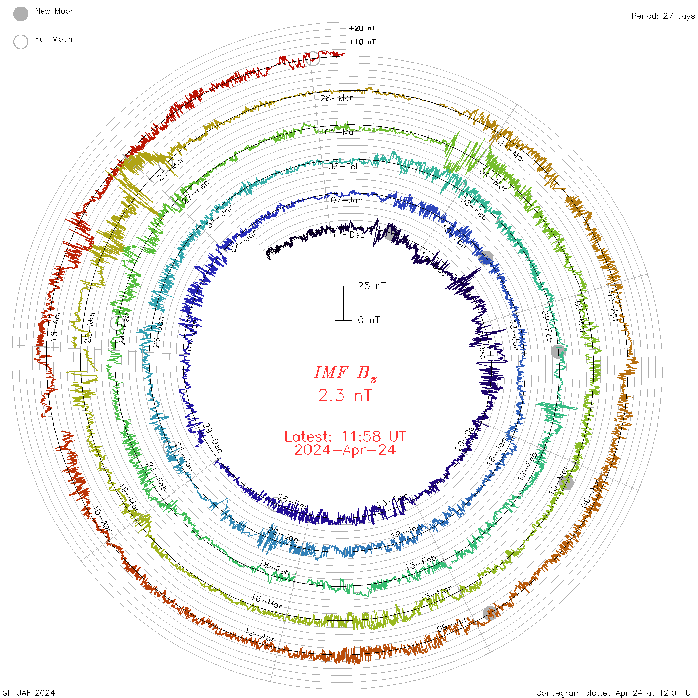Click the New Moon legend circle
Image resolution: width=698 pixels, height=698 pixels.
tap(21, 14)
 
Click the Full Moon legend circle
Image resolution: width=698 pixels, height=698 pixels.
tap(21, 42)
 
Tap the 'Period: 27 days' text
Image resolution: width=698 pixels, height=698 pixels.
tap(663, 16)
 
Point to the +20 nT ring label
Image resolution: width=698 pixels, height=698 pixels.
tap(362, 28)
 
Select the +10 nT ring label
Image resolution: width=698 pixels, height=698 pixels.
tap(362, 42)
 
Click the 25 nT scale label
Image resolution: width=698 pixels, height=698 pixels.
tap(372, 286)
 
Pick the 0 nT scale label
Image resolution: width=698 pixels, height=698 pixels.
tap(369, 320)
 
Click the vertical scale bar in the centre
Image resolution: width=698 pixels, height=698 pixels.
tap(343, 303)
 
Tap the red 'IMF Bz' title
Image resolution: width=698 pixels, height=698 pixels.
tap(345, 373)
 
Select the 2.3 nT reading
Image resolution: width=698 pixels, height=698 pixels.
tap(345, 395)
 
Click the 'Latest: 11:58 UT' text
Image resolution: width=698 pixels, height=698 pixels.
tap(345, 437)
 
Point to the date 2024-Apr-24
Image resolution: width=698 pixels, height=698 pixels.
tap(345, 450)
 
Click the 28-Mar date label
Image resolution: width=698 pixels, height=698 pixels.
tap(337, 98)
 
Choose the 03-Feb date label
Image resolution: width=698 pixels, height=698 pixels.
tap(344, 166)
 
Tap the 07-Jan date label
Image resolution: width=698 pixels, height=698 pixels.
tap(347, 200)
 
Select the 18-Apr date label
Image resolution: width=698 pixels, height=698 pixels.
tap(55, 326)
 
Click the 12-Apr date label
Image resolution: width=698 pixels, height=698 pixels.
tap(259, 635)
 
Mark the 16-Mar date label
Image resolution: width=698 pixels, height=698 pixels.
tap(266, 601)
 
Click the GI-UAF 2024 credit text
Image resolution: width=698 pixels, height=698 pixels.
tap(29, 692)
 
